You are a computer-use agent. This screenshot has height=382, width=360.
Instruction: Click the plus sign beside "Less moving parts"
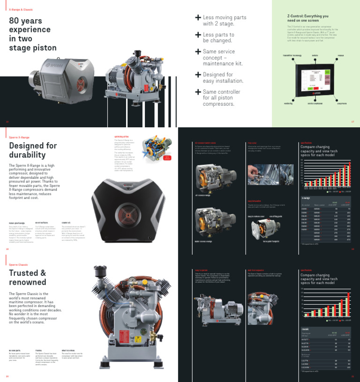[198, 17]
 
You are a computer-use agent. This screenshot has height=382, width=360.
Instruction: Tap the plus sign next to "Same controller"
[198, 92]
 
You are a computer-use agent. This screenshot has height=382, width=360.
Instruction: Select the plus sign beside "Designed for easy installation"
[198, 74]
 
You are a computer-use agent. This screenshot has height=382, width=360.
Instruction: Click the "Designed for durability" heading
[27, 150]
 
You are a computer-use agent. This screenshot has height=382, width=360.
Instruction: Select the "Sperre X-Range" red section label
[19, 137]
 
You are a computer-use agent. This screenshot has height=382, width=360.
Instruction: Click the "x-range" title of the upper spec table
[305, 198]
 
